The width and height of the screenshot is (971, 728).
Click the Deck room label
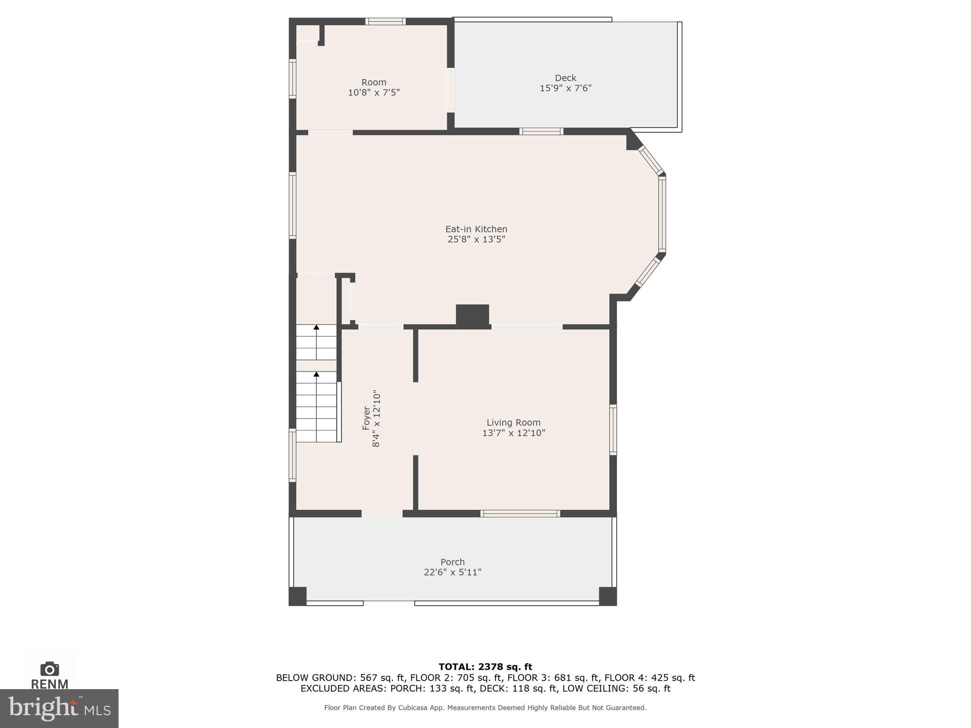pos(565,78)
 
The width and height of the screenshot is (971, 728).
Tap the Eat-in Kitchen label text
pos(476,229)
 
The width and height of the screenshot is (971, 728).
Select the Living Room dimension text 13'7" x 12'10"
pos(513,433)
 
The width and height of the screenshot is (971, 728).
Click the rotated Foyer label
pos(366,418)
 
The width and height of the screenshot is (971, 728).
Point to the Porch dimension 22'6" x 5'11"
pos(452,572)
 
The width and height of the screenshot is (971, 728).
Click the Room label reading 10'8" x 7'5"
pos(374,92)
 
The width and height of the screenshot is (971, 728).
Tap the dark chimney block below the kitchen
pos(472,315)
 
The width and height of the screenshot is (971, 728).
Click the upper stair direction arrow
pos(316,328)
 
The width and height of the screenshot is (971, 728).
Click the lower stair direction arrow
pos(316,374)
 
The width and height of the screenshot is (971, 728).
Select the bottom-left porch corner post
pos(297,596)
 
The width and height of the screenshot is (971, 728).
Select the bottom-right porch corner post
pos(607,596)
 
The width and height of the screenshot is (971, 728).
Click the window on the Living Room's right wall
pos(613,430)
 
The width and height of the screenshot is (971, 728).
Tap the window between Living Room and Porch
pos(520,514)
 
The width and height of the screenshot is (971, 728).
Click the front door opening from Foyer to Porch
pos(382,514)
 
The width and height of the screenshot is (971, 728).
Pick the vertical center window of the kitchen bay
pos(662,214)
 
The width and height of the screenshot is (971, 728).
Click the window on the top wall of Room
pos(385,21)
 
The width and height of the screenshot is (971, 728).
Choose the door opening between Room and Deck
pos(450,90)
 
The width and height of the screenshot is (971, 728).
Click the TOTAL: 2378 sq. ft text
pos(485,667)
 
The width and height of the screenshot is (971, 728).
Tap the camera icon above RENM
pos(50,669)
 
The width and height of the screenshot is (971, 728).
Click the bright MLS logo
pos(59,709)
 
